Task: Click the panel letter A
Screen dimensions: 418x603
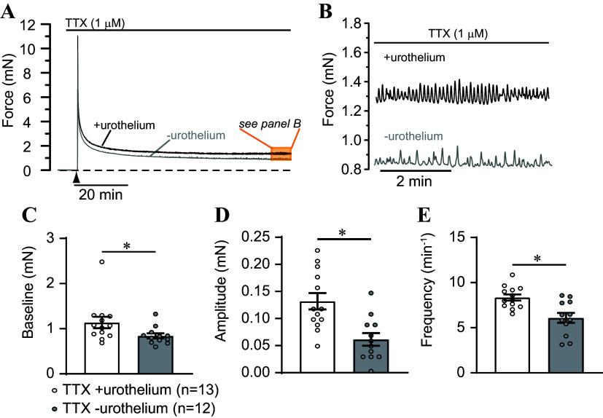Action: [x=9, y=9]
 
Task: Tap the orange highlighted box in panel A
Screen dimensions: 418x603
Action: [x=281, y=154]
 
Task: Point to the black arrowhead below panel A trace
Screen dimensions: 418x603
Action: [x=77, y=178]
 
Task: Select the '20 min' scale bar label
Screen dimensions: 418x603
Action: [x=101, y=195]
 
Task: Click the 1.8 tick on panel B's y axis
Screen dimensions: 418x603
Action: [x=352, y=25]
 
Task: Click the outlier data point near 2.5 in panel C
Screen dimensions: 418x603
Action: [x=102, y=261]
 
